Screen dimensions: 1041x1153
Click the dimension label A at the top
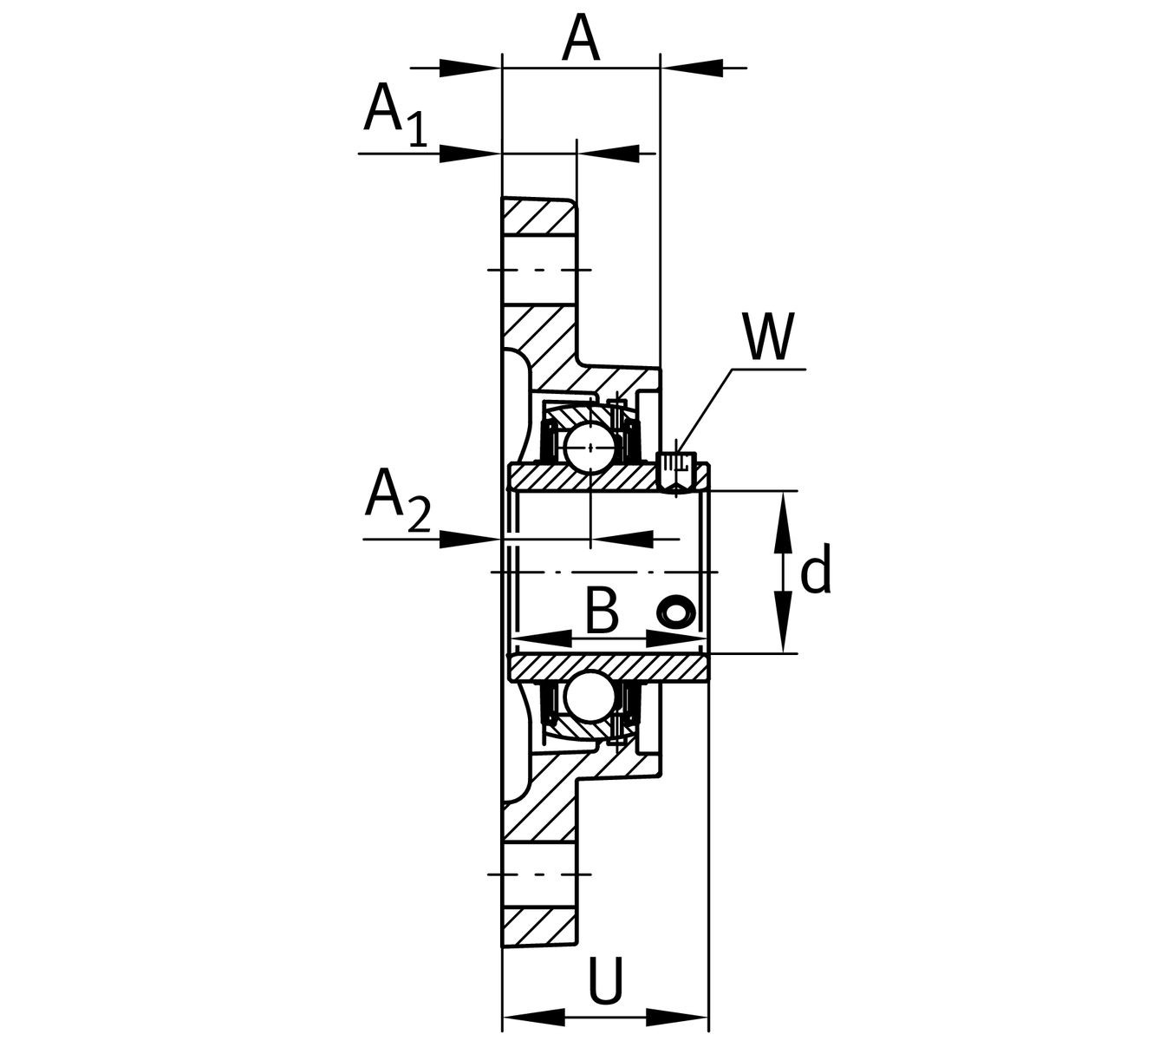581,39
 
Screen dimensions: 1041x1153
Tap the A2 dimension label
397,501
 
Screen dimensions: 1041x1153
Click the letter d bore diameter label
815,571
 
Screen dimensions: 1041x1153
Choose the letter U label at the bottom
606,980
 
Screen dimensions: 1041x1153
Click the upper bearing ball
590,447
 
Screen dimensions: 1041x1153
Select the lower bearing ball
590,697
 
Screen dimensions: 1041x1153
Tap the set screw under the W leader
676,472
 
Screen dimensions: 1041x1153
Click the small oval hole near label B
674,612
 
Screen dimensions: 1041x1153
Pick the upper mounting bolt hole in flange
538,270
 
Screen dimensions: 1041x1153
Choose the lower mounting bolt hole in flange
538,874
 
